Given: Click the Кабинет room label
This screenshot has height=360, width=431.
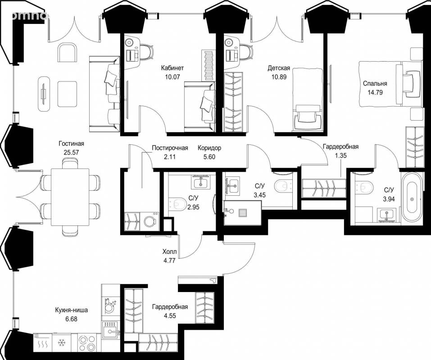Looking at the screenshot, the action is (172, 68).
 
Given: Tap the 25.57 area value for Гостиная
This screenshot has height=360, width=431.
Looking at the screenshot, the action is (71, 153).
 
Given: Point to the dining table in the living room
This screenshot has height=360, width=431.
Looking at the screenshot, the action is (70, 197).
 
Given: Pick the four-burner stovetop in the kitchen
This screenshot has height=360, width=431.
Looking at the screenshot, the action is (86, 342).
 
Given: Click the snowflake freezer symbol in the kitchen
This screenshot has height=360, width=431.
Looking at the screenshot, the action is (61, 343).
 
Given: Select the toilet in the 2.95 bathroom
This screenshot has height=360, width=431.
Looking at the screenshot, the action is (177, 204).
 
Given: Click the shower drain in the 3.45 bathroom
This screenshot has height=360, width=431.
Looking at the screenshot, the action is (243, 213).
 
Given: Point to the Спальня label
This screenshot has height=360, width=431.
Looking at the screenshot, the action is (375, 84).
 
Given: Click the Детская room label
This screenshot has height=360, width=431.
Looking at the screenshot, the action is (279, 68).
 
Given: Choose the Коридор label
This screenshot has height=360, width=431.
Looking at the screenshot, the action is (209, 148).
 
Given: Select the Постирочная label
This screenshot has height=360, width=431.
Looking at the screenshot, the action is (170, 148).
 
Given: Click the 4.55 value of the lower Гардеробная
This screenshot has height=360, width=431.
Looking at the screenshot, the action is (170, 316).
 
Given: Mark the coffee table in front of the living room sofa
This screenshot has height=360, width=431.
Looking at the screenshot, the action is (67, 94).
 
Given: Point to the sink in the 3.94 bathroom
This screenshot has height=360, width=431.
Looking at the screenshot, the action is (387, 215).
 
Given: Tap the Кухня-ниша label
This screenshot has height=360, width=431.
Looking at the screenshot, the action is (72, 310).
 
